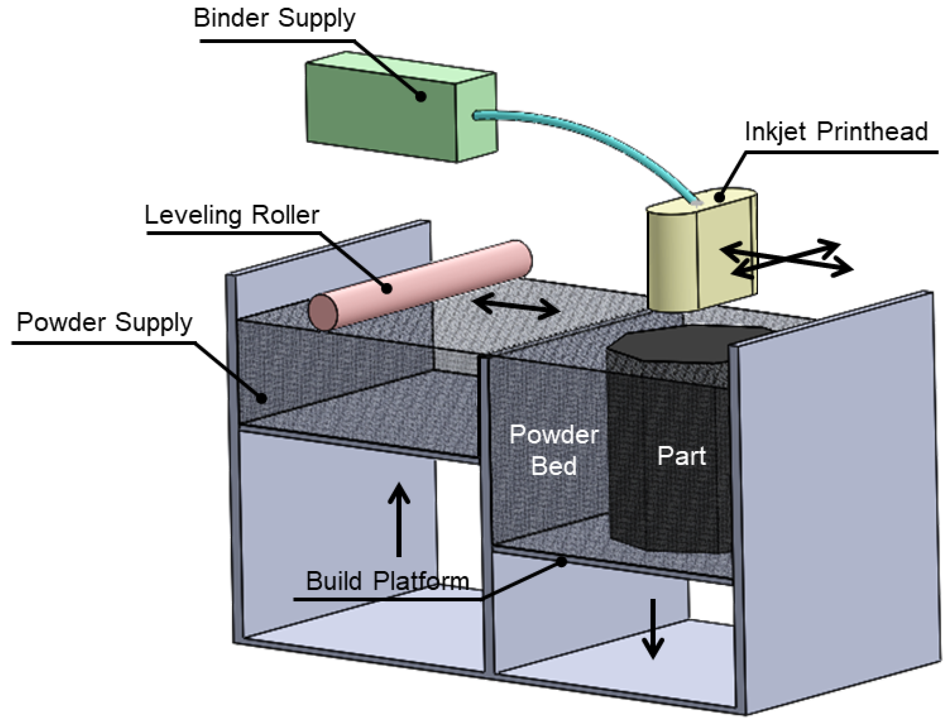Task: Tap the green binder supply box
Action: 401,107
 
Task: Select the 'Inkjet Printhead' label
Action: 836,132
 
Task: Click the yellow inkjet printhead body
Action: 701,251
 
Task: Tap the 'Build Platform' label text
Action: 387,581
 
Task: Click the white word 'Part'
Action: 681,456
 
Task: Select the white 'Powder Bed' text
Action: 554,450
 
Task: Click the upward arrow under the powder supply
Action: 398,519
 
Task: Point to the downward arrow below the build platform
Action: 653,629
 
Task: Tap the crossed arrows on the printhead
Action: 787,259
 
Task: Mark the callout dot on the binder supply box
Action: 420,96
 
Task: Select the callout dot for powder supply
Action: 261,397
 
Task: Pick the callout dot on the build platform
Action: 562,562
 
